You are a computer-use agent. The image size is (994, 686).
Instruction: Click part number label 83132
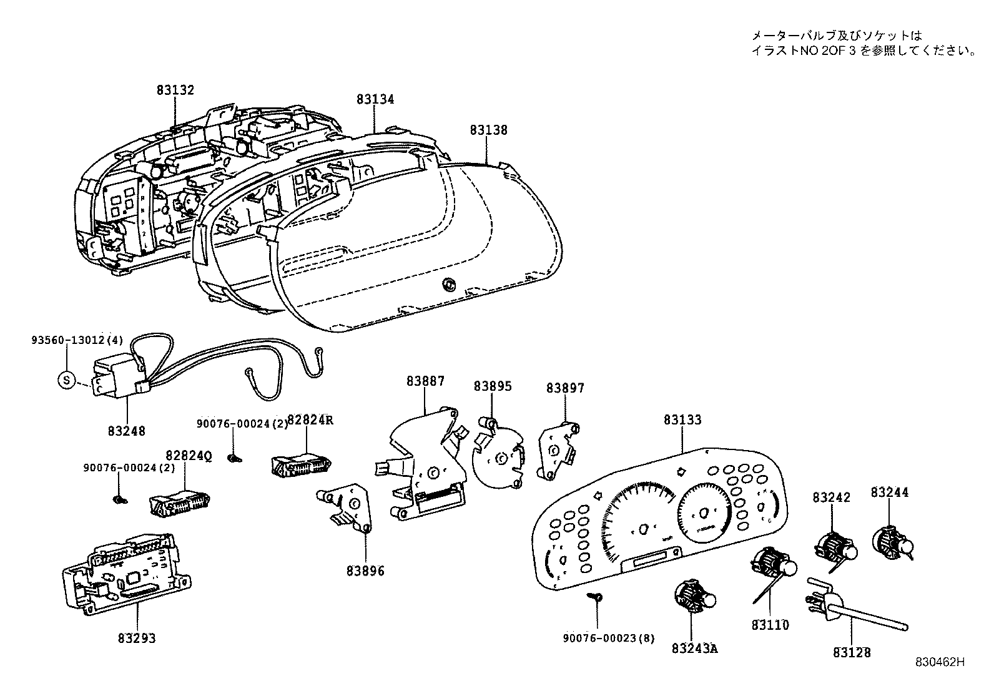[175, 90]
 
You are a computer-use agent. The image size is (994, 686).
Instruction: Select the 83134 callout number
[375, 99]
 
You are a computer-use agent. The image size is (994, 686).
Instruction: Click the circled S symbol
[66, 380]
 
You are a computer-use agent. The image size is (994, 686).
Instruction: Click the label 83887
[425, 381]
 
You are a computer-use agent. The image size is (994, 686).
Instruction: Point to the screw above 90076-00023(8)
[597, 597]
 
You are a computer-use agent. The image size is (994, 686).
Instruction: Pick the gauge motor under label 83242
[834, 547]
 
